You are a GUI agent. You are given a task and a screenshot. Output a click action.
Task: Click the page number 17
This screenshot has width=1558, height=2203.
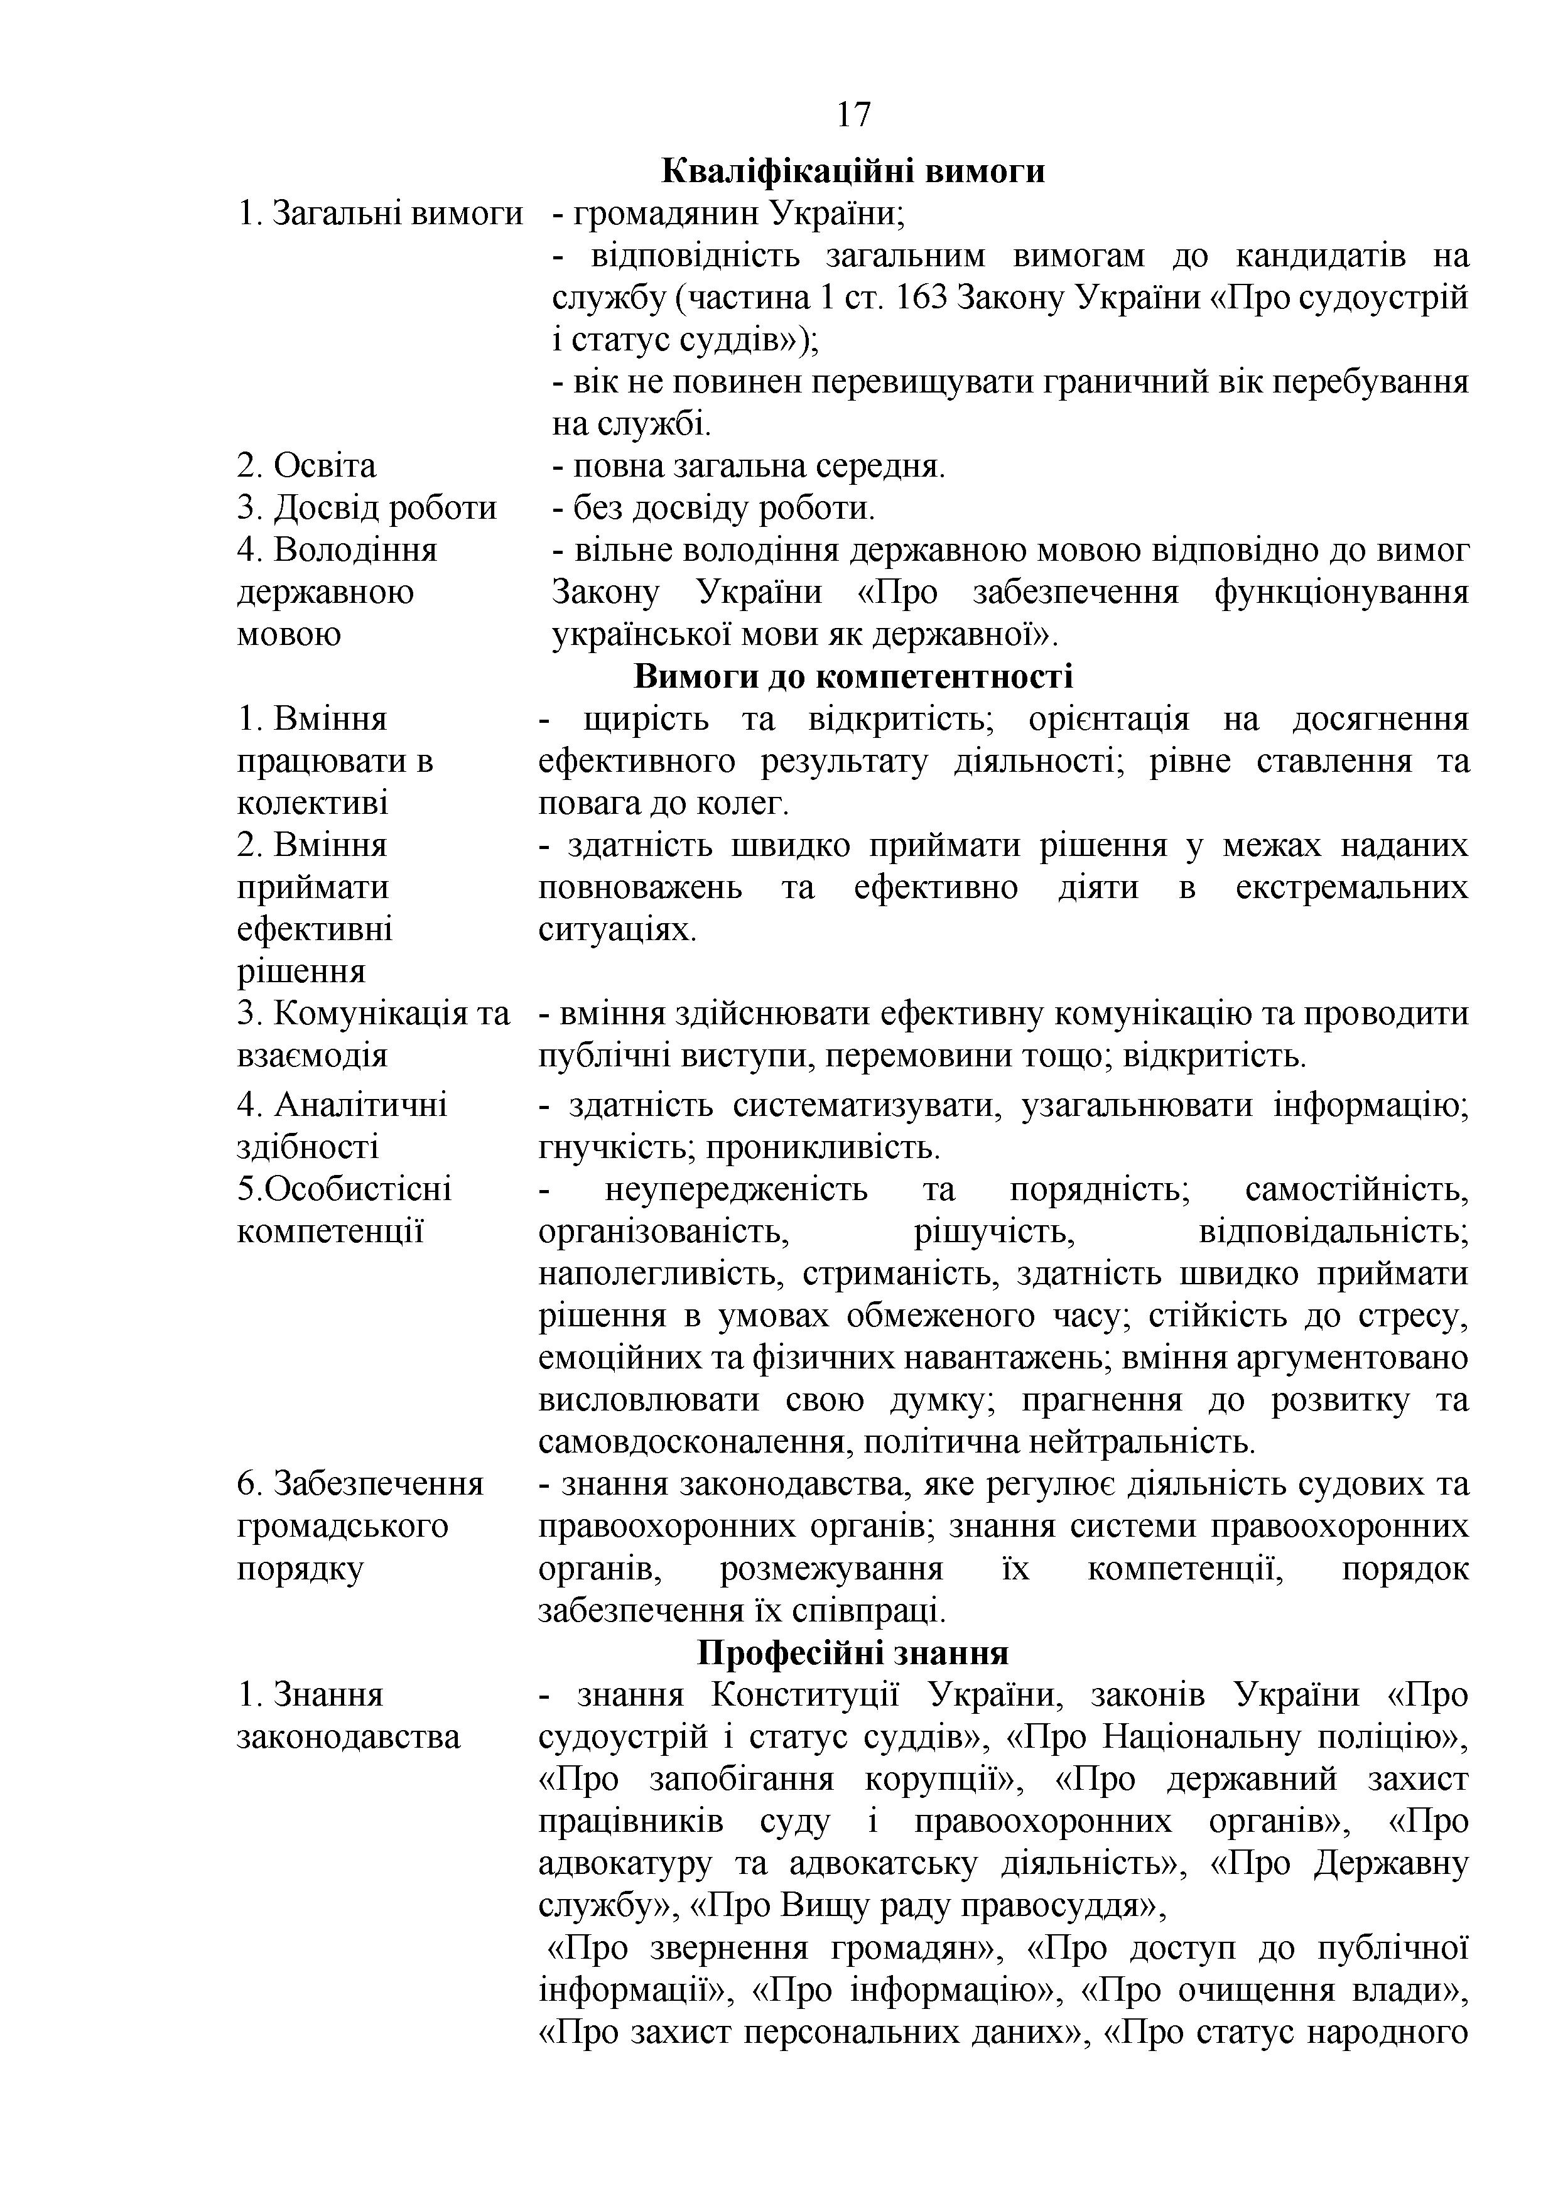point(853,115)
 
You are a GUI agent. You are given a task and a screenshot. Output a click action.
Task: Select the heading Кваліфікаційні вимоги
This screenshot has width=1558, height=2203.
point(853,171)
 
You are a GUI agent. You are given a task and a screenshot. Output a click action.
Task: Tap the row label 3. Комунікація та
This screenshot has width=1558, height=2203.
point(373,1014)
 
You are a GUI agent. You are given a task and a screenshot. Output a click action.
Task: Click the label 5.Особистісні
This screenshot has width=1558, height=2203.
point(344,1190)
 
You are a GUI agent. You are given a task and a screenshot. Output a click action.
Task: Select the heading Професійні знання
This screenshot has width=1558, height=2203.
point(853,1654)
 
